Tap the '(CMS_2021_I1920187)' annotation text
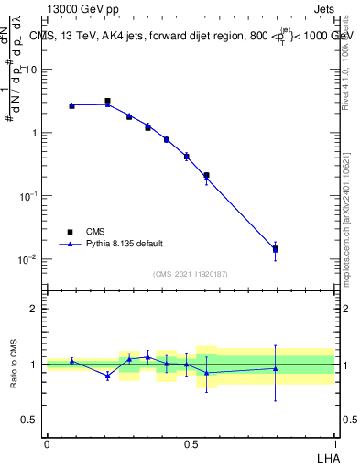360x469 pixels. pos(190,274)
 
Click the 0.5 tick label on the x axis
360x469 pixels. pos(191,444)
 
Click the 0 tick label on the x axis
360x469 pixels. pos(47,444)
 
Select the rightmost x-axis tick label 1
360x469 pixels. pos(334,444)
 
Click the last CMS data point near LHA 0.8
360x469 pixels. pos(275,248)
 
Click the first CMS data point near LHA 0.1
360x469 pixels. pos(71,106)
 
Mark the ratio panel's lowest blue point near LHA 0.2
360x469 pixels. pos(108,376)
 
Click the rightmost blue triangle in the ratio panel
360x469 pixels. pos(275,369)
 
